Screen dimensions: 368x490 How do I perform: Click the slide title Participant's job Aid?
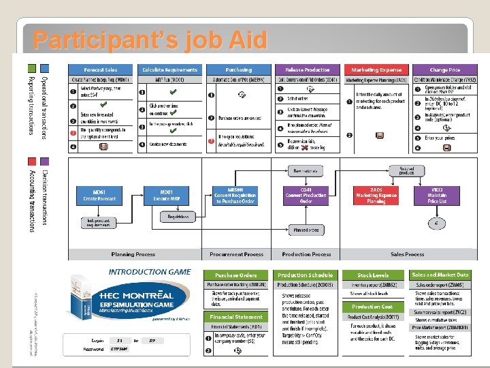click(150, 41)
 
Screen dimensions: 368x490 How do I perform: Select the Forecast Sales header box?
click(101, 70)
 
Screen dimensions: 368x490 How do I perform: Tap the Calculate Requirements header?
click(169, 70)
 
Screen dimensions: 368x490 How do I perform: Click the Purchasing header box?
click(238, 70)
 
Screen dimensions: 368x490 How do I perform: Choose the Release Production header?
click(307, 70)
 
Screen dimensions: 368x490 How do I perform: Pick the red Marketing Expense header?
click(376, 70)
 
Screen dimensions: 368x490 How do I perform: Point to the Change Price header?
click(444, 70)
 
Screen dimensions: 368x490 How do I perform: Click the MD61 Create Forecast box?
click(100, 195)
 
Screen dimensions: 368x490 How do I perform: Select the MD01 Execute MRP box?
click(169, 195)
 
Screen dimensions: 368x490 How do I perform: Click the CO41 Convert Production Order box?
click(306, 196)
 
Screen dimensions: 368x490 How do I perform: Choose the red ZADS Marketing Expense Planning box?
click(376, 196)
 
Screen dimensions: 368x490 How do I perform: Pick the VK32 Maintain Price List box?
click(438, 196)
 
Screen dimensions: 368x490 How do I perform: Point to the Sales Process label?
click(408, 254)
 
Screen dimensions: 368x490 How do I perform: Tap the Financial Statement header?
click(236, 317)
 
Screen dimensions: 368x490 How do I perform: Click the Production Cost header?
click(372, 307)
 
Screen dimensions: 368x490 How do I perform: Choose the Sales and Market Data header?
click(440, 275)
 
